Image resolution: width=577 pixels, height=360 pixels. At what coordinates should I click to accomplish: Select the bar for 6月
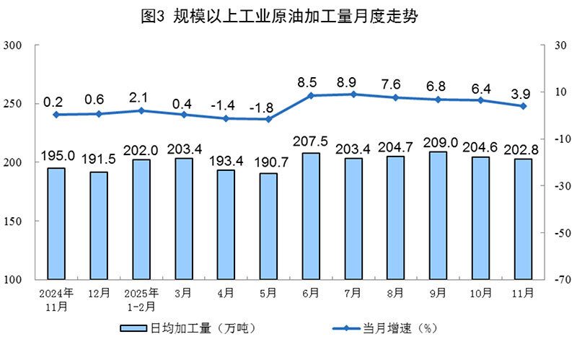pos(311,216)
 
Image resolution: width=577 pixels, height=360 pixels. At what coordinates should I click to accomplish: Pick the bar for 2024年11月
pos(56,223)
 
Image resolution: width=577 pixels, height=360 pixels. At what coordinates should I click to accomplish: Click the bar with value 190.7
pos(268,226)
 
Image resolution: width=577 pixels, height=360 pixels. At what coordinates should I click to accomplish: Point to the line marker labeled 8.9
pos(353,94)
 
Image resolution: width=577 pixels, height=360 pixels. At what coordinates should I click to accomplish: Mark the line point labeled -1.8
pos(268,119)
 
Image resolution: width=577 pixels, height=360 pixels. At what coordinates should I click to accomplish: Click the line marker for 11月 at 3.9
pos(523,106)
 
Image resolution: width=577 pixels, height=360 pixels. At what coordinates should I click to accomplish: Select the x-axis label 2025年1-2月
pos(141,299)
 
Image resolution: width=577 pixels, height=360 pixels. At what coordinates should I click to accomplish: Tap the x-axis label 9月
pos(438,294)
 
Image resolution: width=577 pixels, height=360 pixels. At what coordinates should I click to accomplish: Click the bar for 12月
pos(99,225)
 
